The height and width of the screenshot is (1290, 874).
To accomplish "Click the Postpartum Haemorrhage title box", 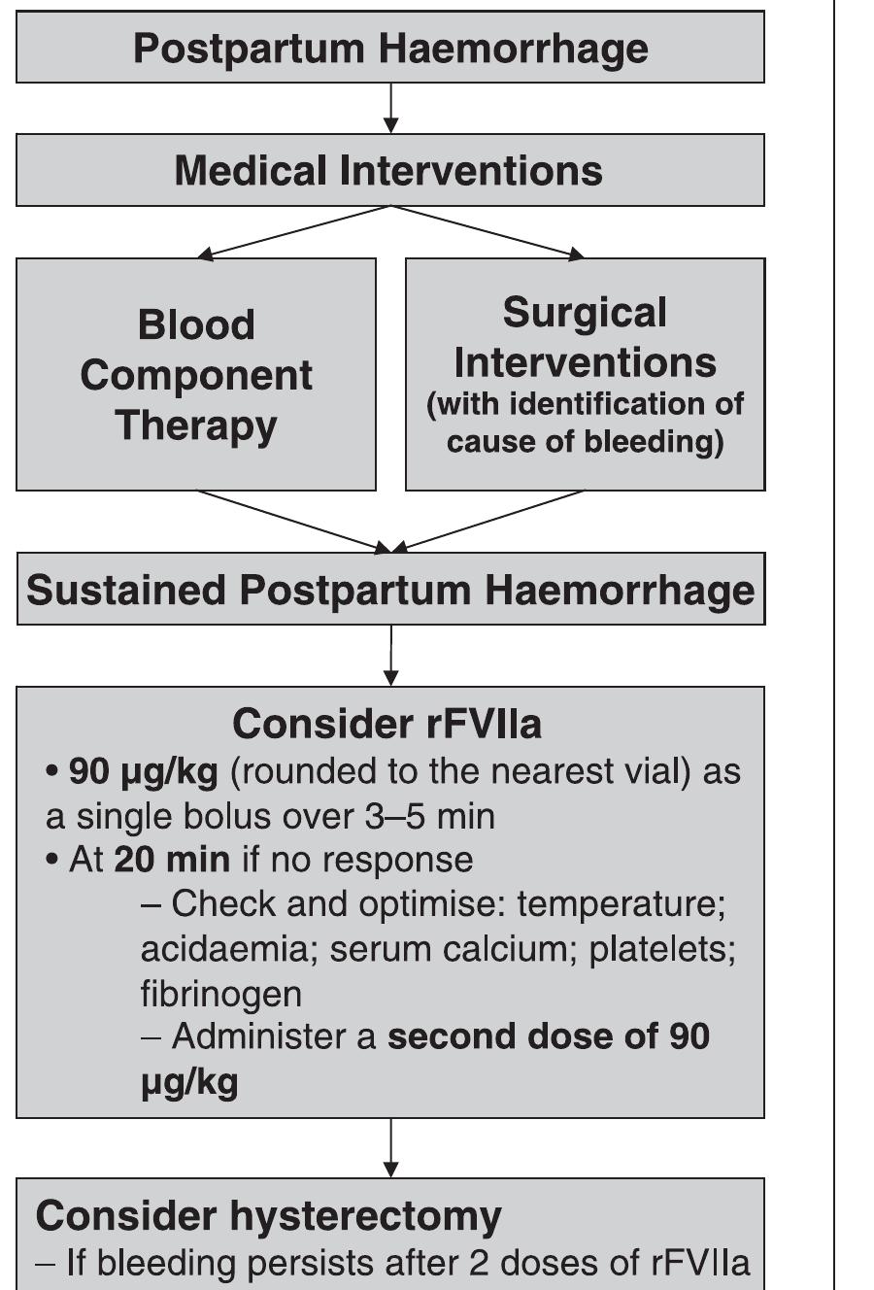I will tap(390, 48).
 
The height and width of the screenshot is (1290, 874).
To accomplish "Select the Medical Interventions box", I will tap(390, 170).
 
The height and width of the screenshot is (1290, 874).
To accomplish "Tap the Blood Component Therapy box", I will tap(196, 375).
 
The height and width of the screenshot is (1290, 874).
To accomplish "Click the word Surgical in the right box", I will tap(585, 313).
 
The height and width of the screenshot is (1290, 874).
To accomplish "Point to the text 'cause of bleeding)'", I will tap(585, 442).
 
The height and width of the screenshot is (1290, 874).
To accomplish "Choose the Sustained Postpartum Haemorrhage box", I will tap(390, 590).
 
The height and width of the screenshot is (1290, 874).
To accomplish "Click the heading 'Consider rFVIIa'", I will tap(387, 724).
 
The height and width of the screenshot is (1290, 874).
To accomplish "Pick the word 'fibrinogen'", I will tap(220, 994).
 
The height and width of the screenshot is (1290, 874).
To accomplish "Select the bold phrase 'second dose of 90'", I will tap(548, 1036).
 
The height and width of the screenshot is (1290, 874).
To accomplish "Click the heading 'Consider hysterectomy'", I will tap(269, 1215).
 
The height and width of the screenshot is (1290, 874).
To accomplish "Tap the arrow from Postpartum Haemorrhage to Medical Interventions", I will tap(390, 108).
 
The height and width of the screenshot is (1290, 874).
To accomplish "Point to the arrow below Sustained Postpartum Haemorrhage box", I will tap(390, 656).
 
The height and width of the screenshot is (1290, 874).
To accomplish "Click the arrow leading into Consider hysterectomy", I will tap(390, 1148).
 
